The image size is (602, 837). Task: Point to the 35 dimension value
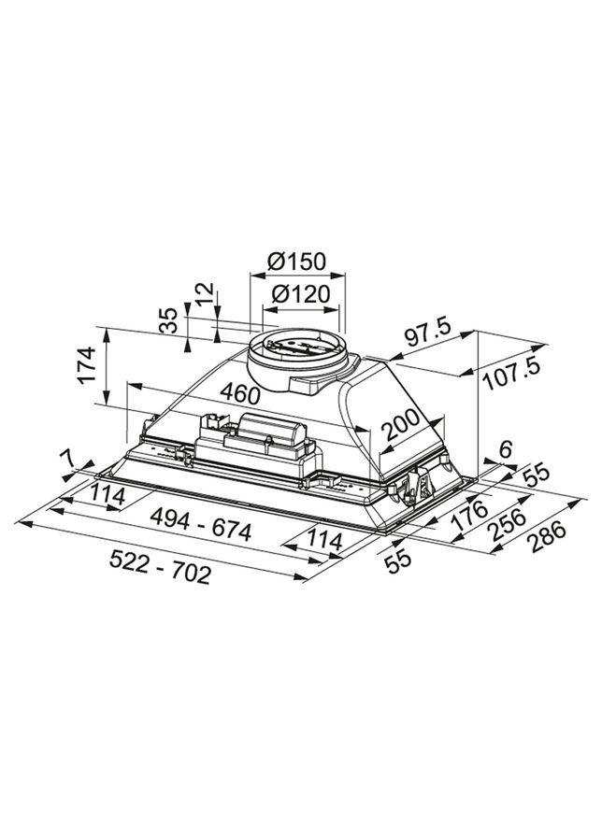169,321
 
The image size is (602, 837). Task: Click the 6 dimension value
505,449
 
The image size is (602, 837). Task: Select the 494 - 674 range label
204,531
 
